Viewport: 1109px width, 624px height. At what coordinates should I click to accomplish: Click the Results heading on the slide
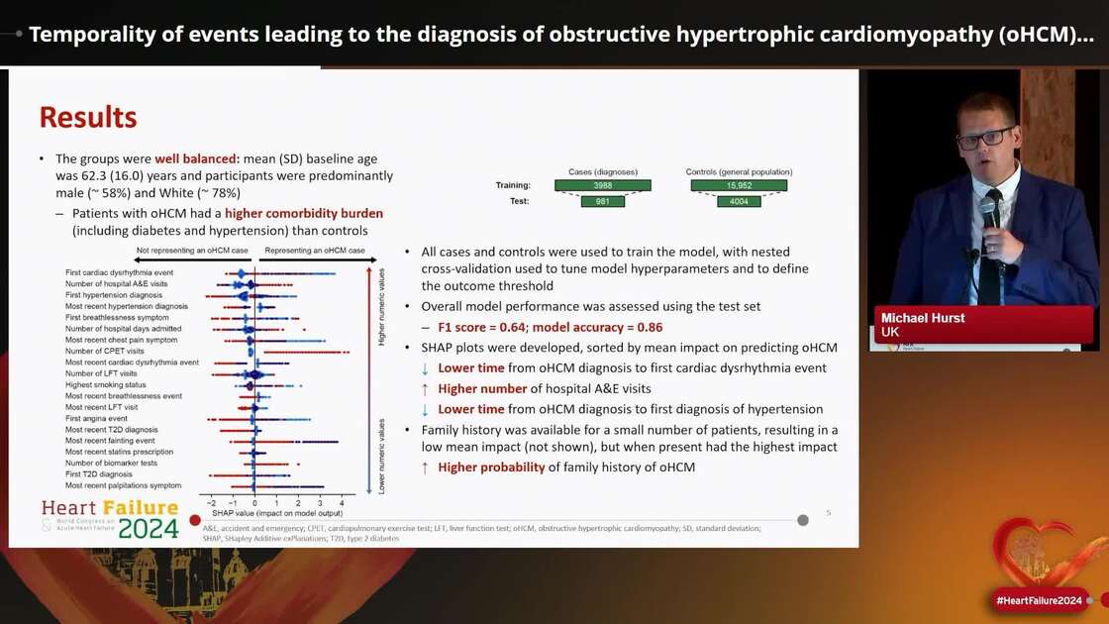(x=88, y=117)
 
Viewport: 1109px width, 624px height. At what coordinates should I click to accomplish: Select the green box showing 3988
(x=602, y=185)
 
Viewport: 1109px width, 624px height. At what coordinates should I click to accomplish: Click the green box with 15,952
(x=738, y=185)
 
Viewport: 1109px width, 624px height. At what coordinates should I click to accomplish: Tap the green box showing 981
(x=602, y=201)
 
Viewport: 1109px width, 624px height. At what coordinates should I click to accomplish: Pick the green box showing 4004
(x=738, y=201)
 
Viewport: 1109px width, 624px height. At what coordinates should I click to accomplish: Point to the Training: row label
(x=513, y=185)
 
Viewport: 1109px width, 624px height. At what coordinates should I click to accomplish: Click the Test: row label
(x=519, y=201)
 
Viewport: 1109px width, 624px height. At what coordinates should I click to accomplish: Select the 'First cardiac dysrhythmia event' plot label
(x=119, y=272)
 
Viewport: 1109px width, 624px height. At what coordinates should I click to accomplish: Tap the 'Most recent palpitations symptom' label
(x=123, y=485)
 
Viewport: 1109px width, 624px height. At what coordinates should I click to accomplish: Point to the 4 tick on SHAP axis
(x=342, y=502)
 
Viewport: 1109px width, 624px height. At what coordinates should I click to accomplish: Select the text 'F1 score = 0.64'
(x=484, y=327)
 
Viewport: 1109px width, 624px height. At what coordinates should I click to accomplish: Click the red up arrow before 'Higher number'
(x=425, y=389)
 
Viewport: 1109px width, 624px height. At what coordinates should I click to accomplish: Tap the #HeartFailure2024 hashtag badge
(x=1039, y=600)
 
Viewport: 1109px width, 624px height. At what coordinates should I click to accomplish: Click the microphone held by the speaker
(x=989, y=213)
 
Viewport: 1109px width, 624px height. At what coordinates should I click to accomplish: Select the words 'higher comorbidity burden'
(x=303, y=213)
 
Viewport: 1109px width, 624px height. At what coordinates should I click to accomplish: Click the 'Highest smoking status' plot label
(x=105, y=384)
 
